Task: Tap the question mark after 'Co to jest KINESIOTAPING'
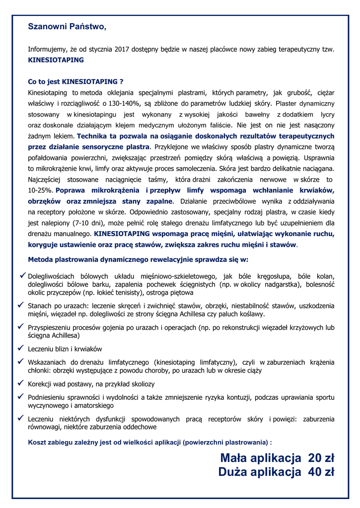point(121,81)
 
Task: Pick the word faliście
point(218,125)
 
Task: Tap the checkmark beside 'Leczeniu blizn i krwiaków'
point(21,348)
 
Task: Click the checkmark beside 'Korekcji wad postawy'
point(21,383)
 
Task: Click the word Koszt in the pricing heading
point(38,442)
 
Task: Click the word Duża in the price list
point(233,472)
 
